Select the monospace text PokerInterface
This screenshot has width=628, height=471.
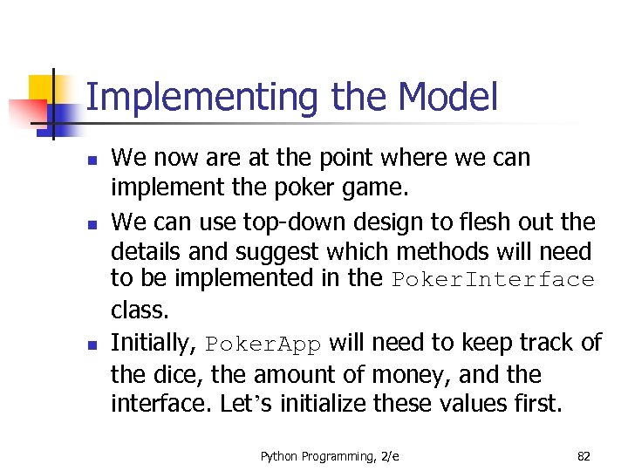pos(493,281)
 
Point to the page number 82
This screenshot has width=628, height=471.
pos(584,456)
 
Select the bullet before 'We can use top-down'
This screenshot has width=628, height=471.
pos(92,224)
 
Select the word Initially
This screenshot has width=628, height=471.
pos(154,344)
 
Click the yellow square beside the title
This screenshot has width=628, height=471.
pos(43,89)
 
